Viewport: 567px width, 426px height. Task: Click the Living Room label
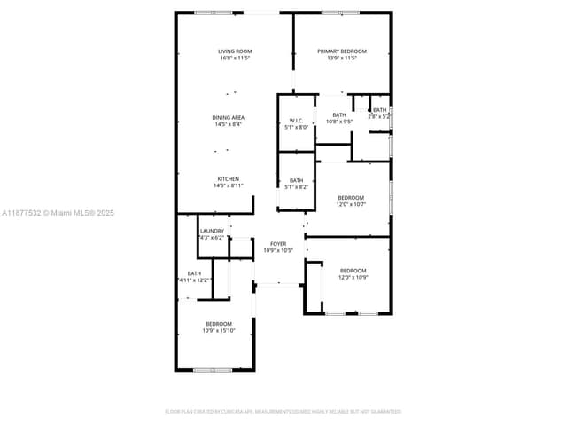click(x=235, y=51)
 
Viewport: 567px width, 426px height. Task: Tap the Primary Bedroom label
click(x=342, y=51)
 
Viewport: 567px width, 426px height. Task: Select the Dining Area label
click(x=228, y=117)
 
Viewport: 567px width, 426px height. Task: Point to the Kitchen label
click(x=228, y=178)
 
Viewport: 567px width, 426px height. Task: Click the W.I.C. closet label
click(x=297, y=121)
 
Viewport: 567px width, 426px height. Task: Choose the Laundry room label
click(x=212, y=231)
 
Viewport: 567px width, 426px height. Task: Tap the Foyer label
click(x=278, y=243)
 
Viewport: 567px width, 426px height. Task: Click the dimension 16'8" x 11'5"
click(x=235, y=59)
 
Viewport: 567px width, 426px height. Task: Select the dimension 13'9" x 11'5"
click(x=342, y=59)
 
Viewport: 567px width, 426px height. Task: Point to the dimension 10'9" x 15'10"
click(x=219, y=331)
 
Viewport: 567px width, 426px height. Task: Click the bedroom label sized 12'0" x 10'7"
click(x=350, y=197)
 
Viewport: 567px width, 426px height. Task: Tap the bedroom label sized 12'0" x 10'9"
click(x=353, y=271)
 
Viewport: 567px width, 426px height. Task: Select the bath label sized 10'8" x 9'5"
click(x=339, y=114)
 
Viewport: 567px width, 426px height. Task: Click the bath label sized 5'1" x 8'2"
click(x=296, y=180)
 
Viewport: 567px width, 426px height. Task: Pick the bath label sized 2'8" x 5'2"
click(x=379, y=110)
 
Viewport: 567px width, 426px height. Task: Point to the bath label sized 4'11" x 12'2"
click(x=194, y=273)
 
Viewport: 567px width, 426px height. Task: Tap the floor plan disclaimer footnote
click(x=283, y=411)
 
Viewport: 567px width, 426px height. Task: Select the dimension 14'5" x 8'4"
click(x=228, y=124)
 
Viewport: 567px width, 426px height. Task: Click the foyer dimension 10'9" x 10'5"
click(x=278, y=250)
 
